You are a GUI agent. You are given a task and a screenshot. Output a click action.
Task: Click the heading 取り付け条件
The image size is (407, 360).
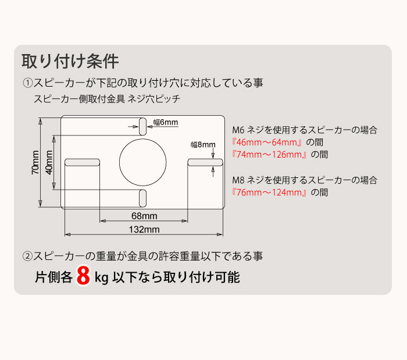tap(70, 60)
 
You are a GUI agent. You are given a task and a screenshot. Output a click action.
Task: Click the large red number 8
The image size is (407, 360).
tap(83, 277)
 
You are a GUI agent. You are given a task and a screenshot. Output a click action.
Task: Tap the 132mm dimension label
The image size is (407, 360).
tap(144, 229)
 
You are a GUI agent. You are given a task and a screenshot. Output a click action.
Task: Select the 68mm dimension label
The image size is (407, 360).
tap(144, 215)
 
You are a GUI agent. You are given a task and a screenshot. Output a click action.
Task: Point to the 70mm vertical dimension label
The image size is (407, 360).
tap(36, 162)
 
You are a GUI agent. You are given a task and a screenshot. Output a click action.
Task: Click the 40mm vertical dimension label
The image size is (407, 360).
tap(49, 162)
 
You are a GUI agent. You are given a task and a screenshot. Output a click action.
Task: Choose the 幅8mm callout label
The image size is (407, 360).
tap(203, 144)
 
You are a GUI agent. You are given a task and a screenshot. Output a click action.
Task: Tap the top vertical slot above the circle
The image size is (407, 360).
tap(143, 126)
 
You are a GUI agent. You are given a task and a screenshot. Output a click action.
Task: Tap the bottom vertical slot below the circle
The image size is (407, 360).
tap(143, 198)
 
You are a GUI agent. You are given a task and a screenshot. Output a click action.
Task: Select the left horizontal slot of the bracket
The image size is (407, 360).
tap(83, 162)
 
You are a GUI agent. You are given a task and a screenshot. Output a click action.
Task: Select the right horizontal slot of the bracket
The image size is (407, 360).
tap(204, 162)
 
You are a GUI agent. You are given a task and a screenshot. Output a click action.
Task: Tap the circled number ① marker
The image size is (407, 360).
tap(27, 83)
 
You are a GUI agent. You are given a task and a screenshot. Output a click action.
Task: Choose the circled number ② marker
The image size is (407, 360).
tap(27, 255)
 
